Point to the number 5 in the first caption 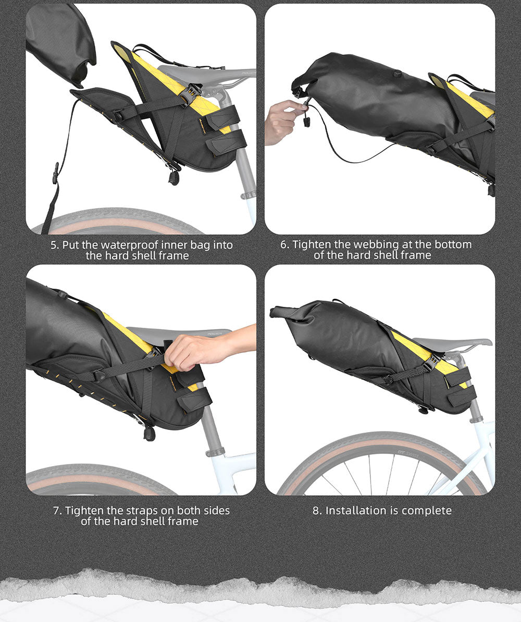54,245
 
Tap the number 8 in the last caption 317,510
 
